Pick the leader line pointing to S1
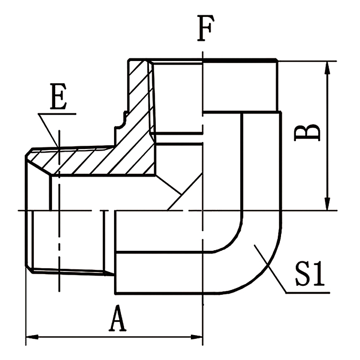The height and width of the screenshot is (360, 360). tap(270, 270)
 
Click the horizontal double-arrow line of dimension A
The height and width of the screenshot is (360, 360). tap(114, 337)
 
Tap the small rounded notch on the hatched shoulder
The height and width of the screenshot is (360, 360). tap(122, 121)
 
